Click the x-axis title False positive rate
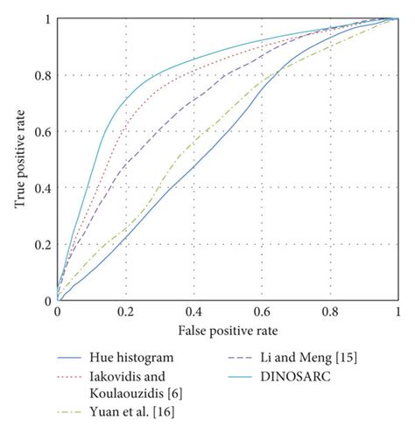[228, 332]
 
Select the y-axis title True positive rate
[18, 160]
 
